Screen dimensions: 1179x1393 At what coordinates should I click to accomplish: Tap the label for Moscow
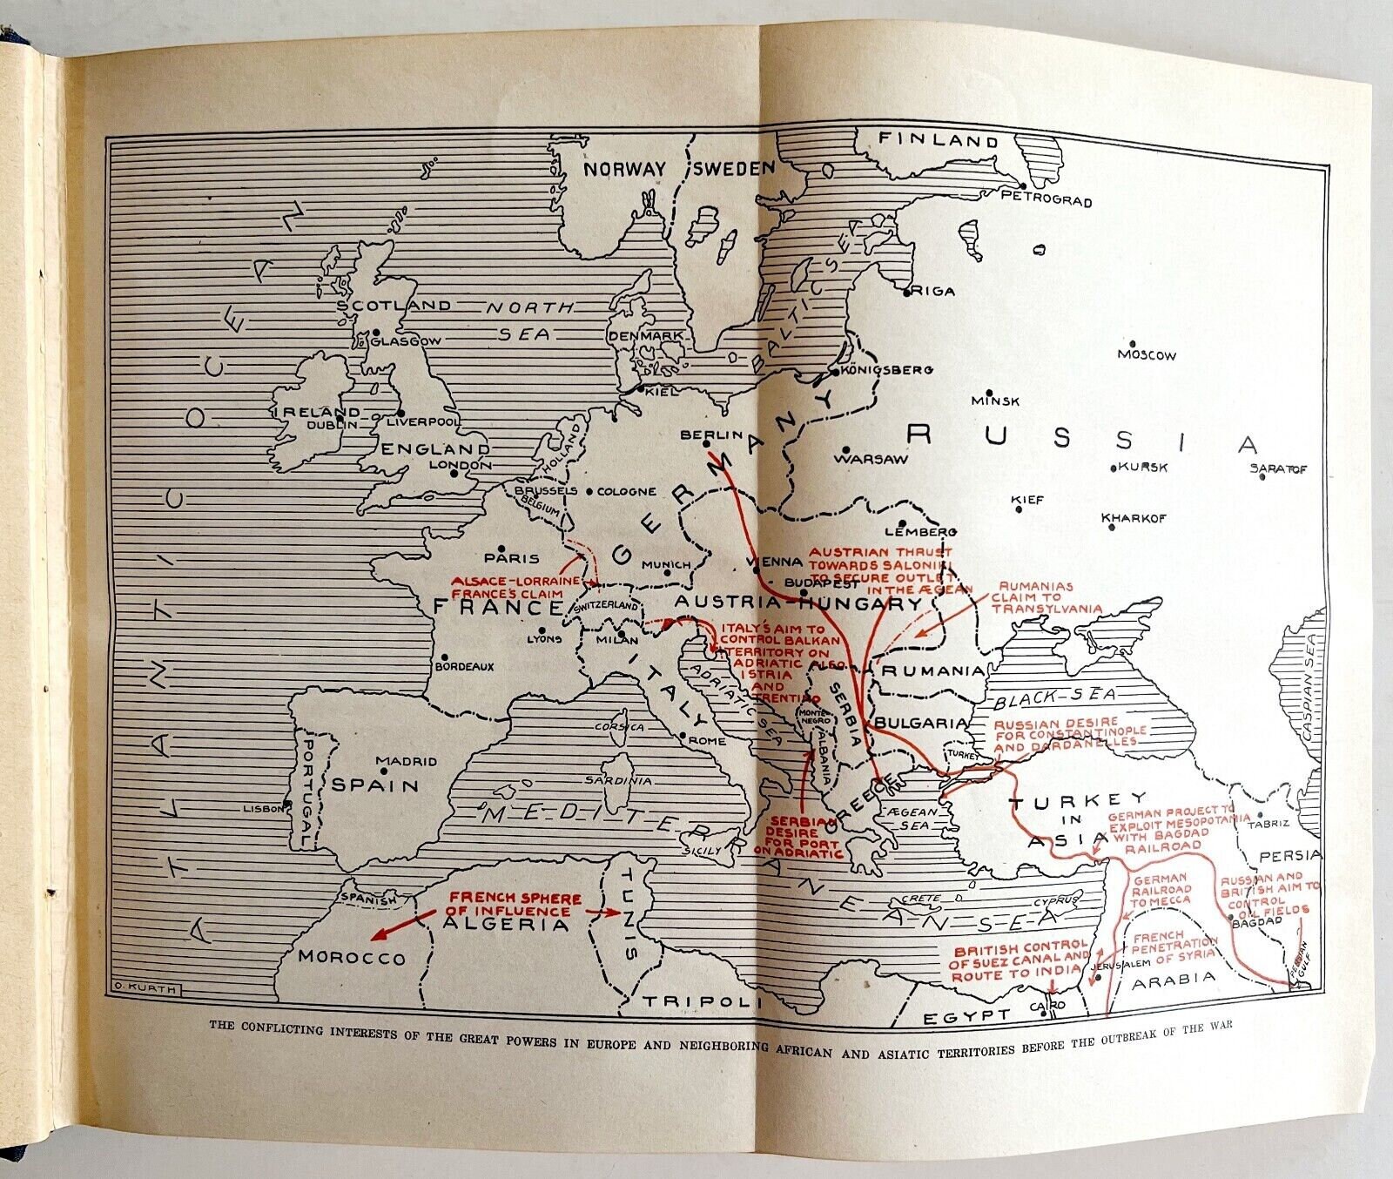(x=1147, y=355)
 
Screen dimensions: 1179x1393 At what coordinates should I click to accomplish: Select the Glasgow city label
(x=406, y=341)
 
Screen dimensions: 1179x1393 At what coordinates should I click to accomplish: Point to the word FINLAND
(x=925, y=139)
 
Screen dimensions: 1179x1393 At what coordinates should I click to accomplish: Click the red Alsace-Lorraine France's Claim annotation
(x=516, y=587)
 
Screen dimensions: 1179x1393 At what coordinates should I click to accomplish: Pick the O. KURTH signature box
(x=146, y=988)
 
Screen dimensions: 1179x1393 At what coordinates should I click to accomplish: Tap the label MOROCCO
(x=352, y=957)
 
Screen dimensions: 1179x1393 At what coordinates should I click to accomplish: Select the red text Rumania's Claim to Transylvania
(x=1046, y=597)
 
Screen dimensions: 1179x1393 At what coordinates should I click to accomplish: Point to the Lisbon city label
(x=263, y=809)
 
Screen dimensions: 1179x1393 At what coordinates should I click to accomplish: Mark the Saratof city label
(x=1278, y=469)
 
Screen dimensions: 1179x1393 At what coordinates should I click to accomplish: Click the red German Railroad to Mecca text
(x=1161, y=890)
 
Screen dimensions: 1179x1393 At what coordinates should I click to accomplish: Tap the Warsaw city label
(x=871, y=459)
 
